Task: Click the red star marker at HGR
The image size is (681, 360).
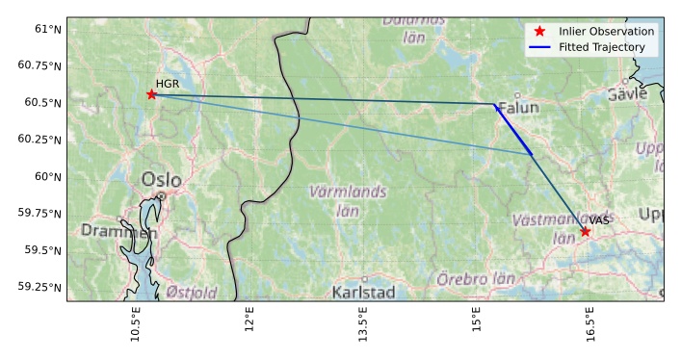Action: point(151,94)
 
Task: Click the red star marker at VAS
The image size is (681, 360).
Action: point(585,231)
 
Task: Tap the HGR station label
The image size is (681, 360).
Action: point(168,85)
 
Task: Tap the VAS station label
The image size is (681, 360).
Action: point(599,221)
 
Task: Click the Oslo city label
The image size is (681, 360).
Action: point(161,180)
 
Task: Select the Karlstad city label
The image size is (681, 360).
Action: point(363,292)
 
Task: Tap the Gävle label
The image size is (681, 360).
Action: point(627,94)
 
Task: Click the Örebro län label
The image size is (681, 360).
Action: point(476,279)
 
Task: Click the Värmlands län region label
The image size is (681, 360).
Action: point(348,200)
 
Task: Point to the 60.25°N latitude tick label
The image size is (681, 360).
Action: point(40,140)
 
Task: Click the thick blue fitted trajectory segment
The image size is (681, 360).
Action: point(513,130)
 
